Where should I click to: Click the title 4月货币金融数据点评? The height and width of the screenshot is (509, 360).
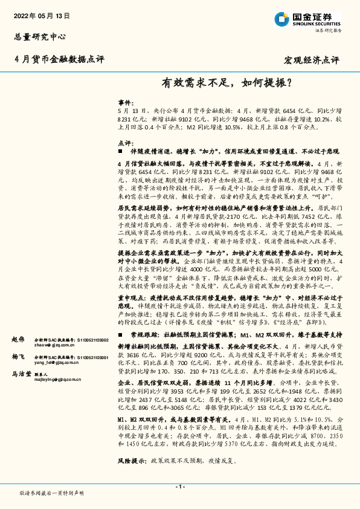[x=59, y=59]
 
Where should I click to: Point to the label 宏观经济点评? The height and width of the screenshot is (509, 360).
[x=311, y=60]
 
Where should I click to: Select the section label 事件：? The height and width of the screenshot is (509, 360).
[x=124, y=103]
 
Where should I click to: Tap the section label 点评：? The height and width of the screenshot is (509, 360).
[x=124, y=143]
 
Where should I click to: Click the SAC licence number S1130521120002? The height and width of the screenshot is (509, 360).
[x=90, y=340]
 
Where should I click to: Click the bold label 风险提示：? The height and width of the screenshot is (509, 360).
[x=132, y=460]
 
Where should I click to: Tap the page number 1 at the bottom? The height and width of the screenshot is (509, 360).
[x=179, y=486]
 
